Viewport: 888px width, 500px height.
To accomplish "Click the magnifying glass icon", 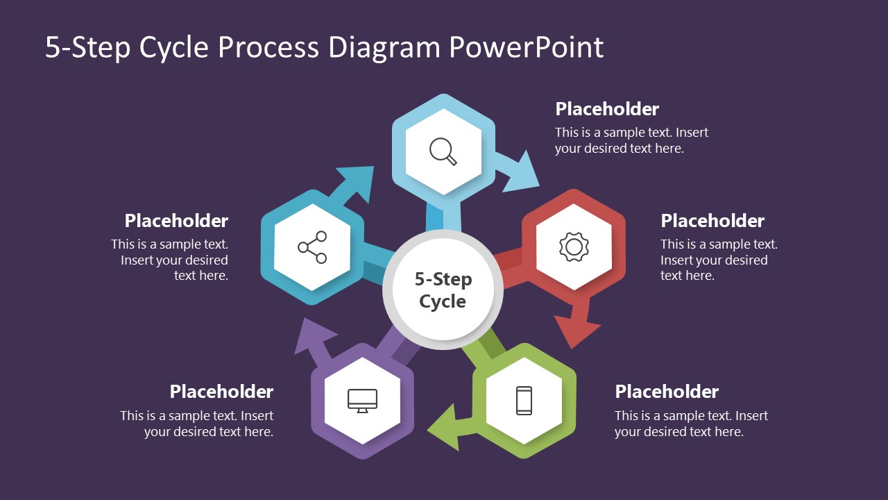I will (x=443, y=151).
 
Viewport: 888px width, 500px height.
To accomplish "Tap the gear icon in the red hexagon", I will (x=573, y=247).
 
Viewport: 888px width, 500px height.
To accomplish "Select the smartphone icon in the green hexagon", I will (x=524, y=401).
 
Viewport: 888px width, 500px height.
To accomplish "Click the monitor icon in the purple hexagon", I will (x=362, y=401).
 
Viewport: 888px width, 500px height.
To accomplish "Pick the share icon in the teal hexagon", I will (x=312, y=247).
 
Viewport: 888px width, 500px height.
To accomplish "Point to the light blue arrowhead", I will (x=522, y=174).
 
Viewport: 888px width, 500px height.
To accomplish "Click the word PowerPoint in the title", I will (x=526, y=47).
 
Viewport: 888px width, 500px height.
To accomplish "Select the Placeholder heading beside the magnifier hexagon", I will (x=607, y=109).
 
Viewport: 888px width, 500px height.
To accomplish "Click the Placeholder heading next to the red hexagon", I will (x=712, y=221).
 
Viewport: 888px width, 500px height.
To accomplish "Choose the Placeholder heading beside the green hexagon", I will (x=666, y=392).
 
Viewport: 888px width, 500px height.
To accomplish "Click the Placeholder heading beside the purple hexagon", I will (x=221, y=392).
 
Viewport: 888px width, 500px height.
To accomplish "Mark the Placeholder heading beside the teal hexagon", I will (x=176, y=221).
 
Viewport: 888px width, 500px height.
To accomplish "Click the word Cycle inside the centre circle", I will (x=443, y=301).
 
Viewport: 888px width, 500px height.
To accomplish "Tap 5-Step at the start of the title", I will (x=88, y=47).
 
